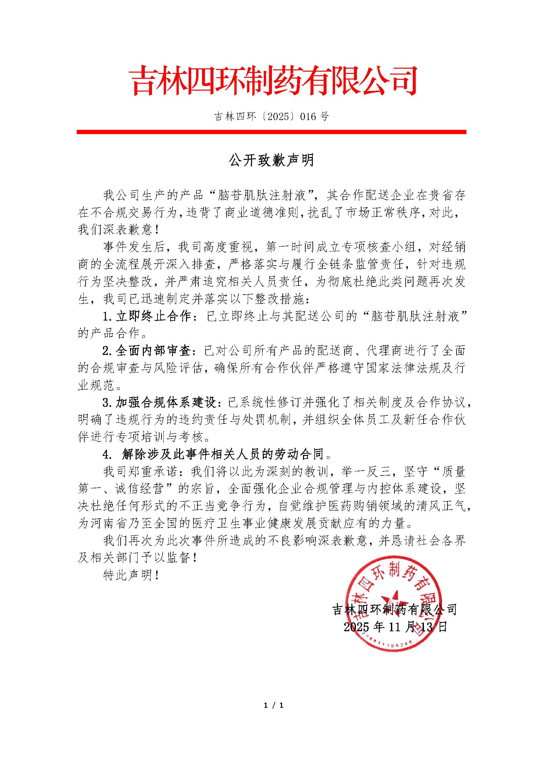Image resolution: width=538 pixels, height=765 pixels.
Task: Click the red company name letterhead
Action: [x=273, y=81]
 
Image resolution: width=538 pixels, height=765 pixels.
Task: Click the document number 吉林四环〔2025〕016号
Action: [x=271, y=116]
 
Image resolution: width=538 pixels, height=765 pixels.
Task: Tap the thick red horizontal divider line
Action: [x=271, y=132]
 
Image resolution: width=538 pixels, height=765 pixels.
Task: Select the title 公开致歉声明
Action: [x=271, y=160]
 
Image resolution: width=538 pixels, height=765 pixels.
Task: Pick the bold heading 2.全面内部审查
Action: [x=146, y=351]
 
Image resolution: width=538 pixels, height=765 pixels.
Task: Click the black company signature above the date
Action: [x=395, y=609]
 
